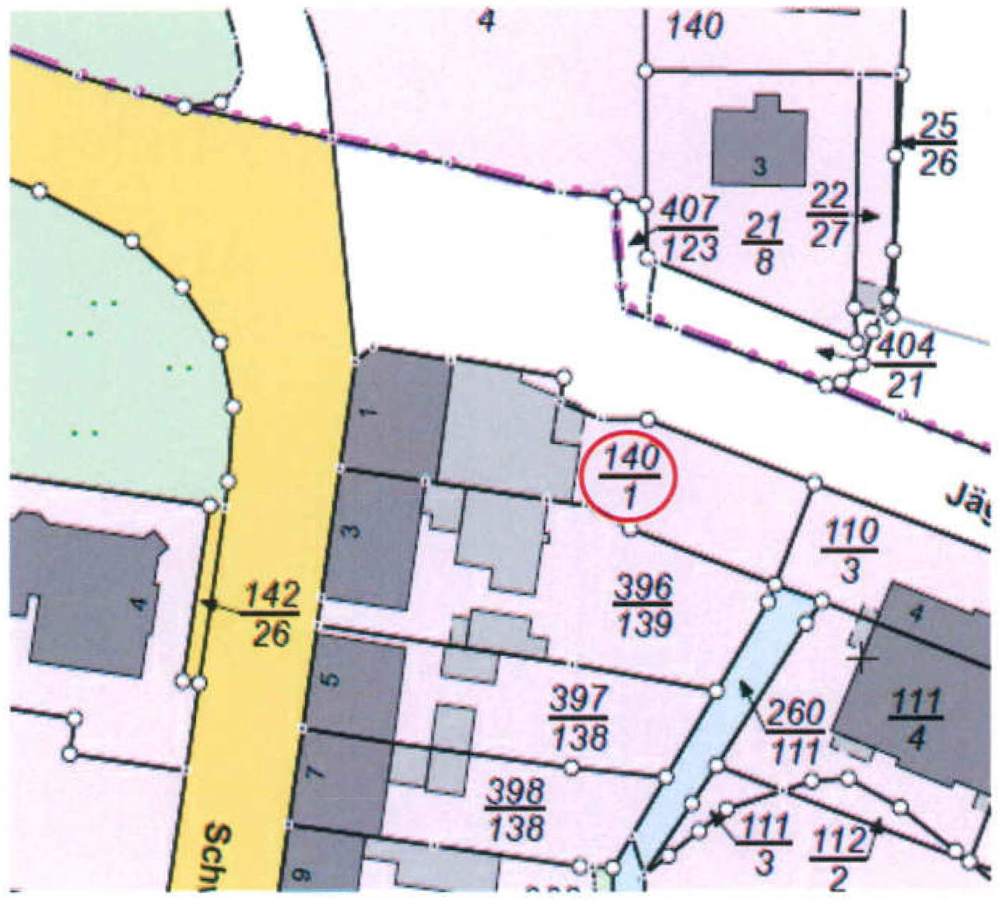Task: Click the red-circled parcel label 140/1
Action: click(630, 475)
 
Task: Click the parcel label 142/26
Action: click(272, 615)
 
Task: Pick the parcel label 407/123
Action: click(689, 229)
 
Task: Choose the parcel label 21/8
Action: click(762, 243)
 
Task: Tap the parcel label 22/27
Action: click(827, 215)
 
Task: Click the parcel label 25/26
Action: click(938, 145)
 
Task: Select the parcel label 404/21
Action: click(904, 366)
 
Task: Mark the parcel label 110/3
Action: click(850, 552)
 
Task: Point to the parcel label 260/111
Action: click(796, 732)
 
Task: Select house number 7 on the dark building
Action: click(313, 774)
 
